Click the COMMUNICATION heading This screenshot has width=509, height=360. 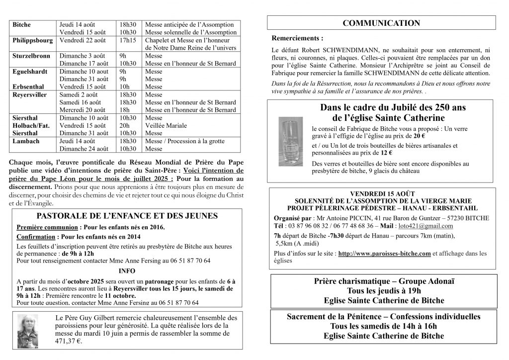click(x=382, y=23)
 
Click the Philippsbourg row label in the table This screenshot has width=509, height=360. click(x=33, y=40)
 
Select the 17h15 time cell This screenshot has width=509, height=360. click(x=128, y=40)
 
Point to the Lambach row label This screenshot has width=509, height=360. click(x=24, y=141)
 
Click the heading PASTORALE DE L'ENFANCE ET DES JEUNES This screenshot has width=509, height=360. click(x=127, y=216)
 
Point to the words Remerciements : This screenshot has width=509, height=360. click(x=297, y=38)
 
